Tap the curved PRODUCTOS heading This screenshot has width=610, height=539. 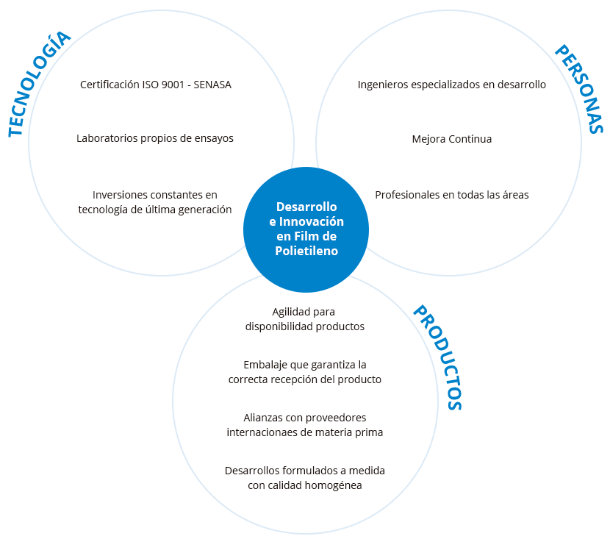[438, 357]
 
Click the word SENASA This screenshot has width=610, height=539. [212, 85]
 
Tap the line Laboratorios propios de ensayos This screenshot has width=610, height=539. [155, 138]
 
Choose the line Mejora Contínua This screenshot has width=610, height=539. [452, 138]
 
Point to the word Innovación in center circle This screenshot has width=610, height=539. [317, 221]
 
